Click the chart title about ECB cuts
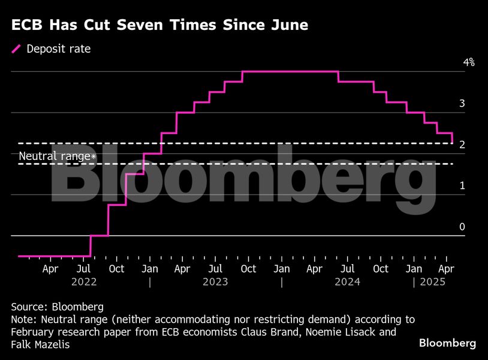[159, 25]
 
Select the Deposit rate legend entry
[59, 49]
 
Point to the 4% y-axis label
[468, 62]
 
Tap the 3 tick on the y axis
[462, 104]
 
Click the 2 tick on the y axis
[462, 145]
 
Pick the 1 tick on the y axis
[462, 186]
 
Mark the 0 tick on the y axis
[462, 227]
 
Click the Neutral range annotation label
[58, 156]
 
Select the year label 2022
[83, 282]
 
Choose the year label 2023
[216, 282]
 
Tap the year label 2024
[348, 282]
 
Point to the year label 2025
[433, 282]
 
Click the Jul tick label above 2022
[83, 269]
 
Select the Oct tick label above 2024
[381, 269]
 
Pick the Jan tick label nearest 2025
[414, 269]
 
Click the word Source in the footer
[28, 307]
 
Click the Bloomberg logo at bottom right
[447, 343]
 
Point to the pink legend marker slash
[16, 49]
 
